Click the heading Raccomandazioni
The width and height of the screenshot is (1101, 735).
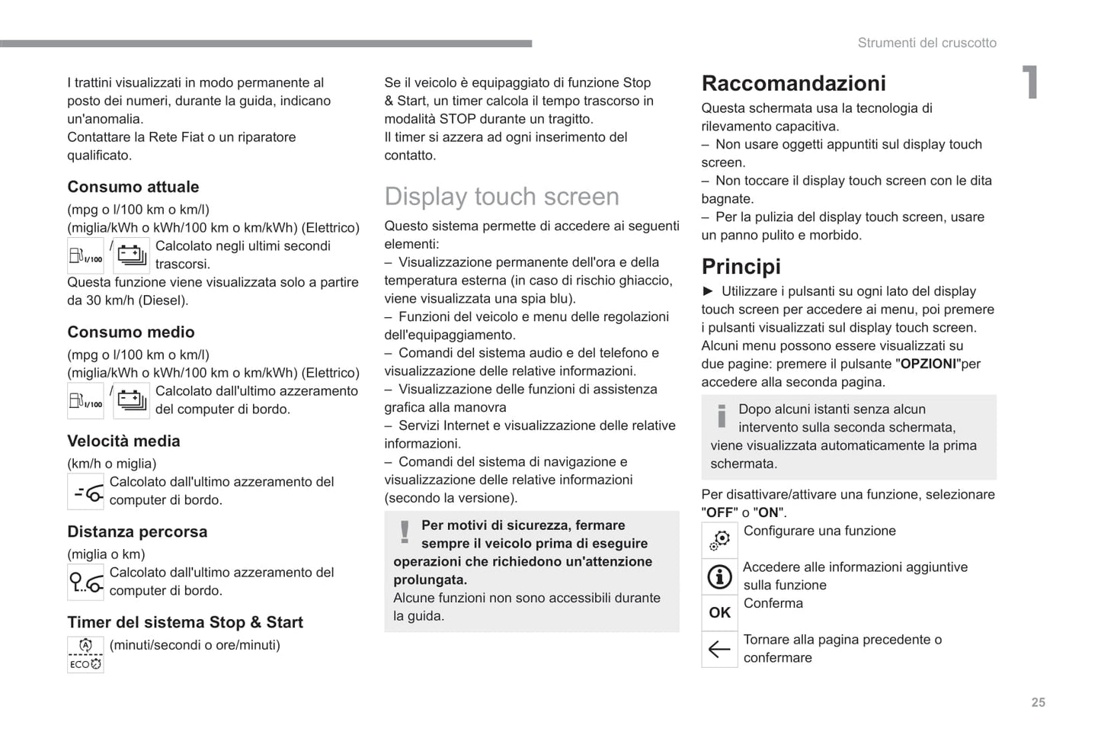(793, 83)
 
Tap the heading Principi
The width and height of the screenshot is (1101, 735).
(741, 266)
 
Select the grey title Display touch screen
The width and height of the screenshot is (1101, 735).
(501, 196)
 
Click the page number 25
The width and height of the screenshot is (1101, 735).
(1038, 702)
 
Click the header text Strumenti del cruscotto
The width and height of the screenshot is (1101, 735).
(927, 43)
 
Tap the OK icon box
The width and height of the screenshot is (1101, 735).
(719, 612)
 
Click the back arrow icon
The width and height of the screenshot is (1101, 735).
(719, 649)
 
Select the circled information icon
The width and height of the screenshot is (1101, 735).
(719, 576)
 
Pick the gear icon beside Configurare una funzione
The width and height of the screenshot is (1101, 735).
(719, 540)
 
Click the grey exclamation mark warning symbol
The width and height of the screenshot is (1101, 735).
(405, 531)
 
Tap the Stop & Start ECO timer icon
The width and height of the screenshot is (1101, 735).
(85, 654)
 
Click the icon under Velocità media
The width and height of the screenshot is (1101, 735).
(86, 492)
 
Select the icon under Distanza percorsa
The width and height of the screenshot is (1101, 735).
(86, 583)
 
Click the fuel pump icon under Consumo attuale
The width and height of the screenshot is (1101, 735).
(85, 255)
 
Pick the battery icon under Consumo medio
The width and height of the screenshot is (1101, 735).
(131, 400)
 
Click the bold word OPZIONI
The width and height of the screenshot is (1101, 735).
(928, 364)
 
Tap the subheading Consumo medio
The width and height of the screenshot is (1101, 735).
(131, 332)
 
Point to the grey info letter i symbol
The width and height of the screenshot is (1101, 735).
(722, 416)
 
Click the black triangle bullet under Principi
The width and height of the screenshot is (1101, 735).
(708, 290)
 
